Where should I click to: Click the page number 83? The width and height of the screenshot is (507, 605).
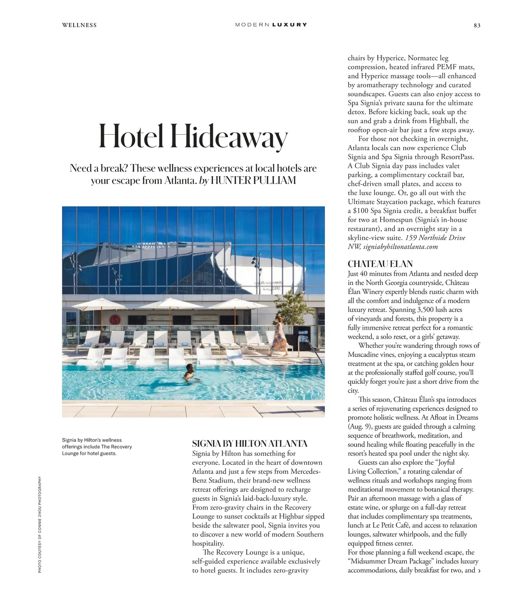coord(477,25)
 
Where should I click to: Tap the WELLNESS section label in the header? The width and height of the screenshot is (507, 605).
coord(79,25)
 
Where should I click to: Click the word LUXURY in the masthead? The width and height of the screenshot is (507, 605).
coord(290,25)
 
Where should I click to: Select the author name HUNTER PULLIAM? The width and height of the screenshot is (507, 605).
coord(253,181)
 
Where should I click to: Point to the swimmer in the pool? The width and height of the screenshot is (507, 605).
coord(189,372)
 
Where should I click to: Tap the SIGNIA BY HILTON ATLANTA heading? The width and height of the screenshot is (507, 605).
coord(250,444)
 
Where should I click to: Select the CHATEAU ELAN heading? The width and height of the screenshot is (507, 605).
coord(380,264)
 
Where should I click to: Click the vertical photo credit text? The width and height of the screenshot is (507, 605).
coord(40,524)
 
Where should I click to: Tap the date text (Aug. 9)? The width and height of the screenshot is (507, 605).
coord(359,426)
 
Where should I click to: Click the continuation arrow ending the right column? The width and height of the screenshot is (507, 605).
coord(479,571)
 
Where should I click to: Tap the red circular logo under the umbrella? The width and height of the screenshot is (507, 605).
coord(116,318)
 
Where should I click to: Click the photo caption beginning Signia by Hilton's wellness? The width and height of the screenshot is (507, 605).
coord(97,447)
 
